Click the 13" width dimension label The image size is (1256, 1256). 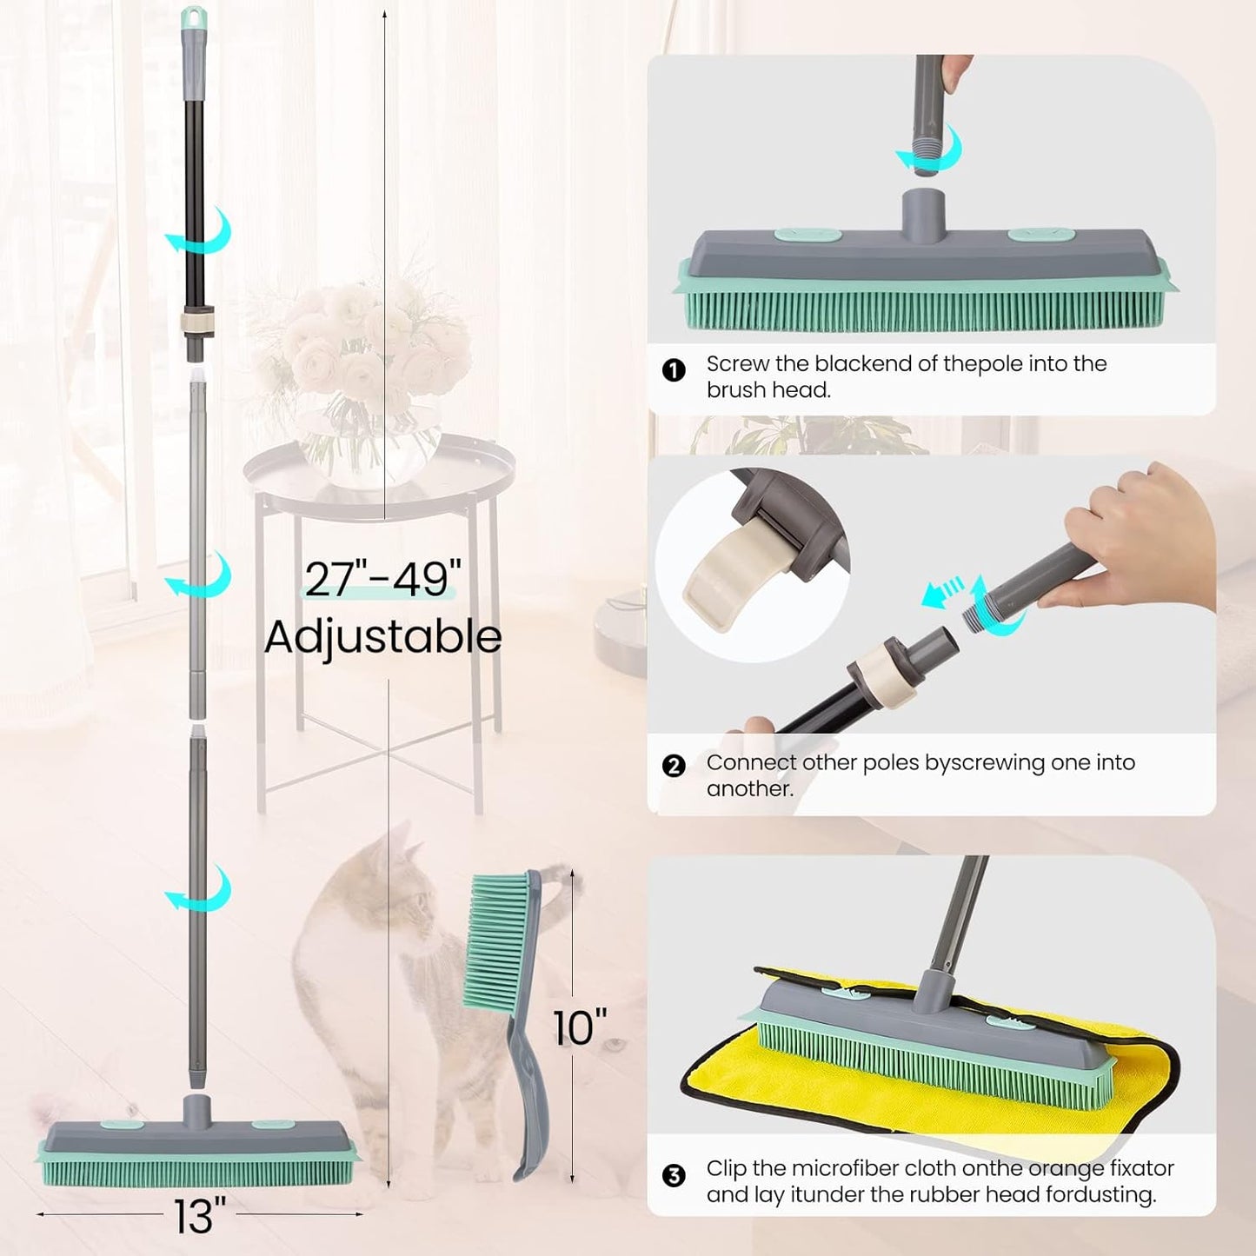pos(200,1215)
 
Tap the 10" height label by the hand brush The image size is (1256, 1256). pos(580,1027)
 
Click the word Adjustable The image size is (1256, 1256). pos(382,637)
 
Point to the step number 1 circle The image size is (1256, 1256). pos(674,370)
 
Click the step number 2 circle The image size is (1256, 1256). pos(674,766)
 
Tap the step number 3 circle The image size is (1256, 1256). pos(674,1176)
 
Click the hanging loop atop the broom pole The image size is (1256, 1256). pos(193,17)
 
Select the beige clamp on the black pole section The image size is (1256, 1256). pos(197,322)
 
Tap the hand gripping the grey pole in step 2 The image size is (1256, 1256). pos(1139,535)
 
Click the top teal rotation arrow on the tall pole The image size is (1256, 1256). pos(202,231)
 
